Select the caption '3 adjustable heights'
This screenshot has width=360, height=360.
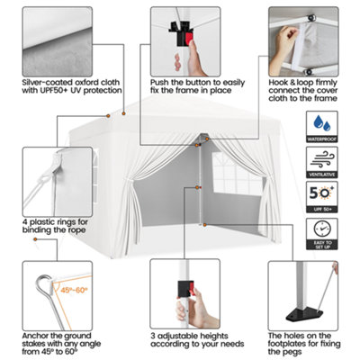coord(189,337)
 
